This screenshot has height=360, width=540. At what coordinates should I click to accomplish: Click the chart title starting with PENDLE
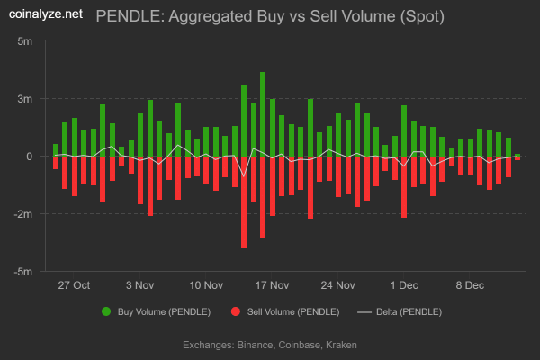pyautogui.click(x=269, y=16)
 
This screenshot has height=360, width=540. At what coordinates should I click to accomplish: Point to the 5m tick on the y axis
pyautogui.click(x=25, y=41)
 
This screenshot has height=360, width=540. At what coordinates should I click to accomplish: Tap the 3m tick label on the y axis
pyautogui.click(x=25, y=99)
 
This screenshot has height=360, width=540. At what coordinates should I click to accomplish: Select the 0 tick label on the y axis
pyautogui.click(x=30, y=157)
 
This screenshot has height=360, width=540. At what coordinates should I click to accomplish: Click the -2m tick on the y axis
pyautogui.click(x=23, y=214)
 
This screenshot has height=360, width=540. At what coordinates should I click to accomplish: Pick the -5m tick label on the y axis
pyautogui.click(x=23, y=272)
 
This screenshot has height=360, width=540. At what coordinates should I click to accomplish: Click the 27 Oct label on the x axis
pyautogui.click(x=74, y=285)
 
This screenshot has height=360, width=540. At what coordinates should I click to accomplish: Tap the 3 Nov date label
pyautogui.click(x=140, y=285)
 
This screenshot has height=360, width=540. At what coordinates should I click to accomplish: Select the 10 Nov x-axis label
pyautogui.click(x=206, y=285)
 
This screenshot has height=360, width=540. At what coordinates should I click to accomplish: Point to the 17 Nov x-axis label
pyautogui.click(x=273, y=285)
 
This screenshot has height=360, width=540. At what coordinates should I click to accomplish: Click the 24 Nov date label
pyautogui.click(x=338, y=285)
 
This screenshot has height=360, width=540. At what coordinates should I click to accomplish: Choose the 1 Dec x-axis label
pyautogui.click(x=404, y=285)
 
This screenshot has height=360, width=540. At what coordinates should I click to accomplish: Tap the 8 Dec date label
pyautogui.click(x=470, y=285)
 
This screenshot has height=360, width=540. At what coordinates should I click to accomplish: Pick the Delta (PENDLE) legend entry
pyautogui.click(x=399, y=312)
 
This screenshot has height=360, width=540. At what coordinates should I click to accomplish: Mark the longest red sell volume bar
pyautogui.click(x=244, y=202)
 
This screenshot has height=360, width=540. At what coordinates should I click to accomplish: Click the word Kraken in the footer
pyautogui.click(x=342, y=345)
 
